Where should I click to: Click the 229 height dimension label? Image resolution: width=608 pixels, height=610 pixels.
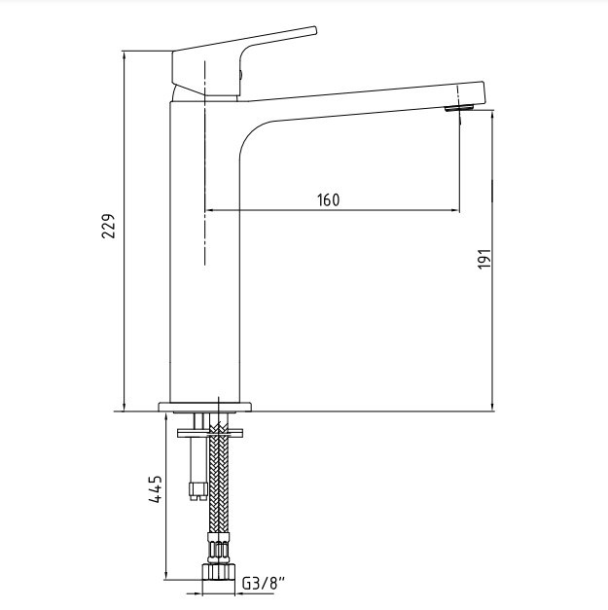pos(109,226)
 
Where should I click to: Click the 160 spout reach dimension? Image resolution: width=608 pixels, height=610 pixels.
pos(328,200)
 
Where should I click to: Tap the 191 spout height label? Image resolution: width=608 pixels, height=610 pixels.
pos(484,259)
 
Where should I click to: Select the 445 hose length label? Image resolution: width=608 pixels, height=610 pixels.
pos(156,489)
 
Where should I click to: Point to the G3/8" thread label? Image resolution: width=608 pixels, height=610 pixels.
pos(264,583)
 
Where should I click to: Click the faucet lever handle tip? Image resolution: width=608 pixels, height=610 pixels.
pos(314,30)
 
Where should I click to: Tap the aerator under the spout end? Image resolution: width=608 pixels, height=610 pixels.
pos(459,108)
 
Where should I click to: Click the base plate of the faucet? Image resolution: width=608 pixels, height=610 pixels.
pos(204,407)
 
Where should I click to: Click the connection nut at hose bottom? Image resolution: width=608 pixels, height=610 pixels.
pos(218,571)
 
